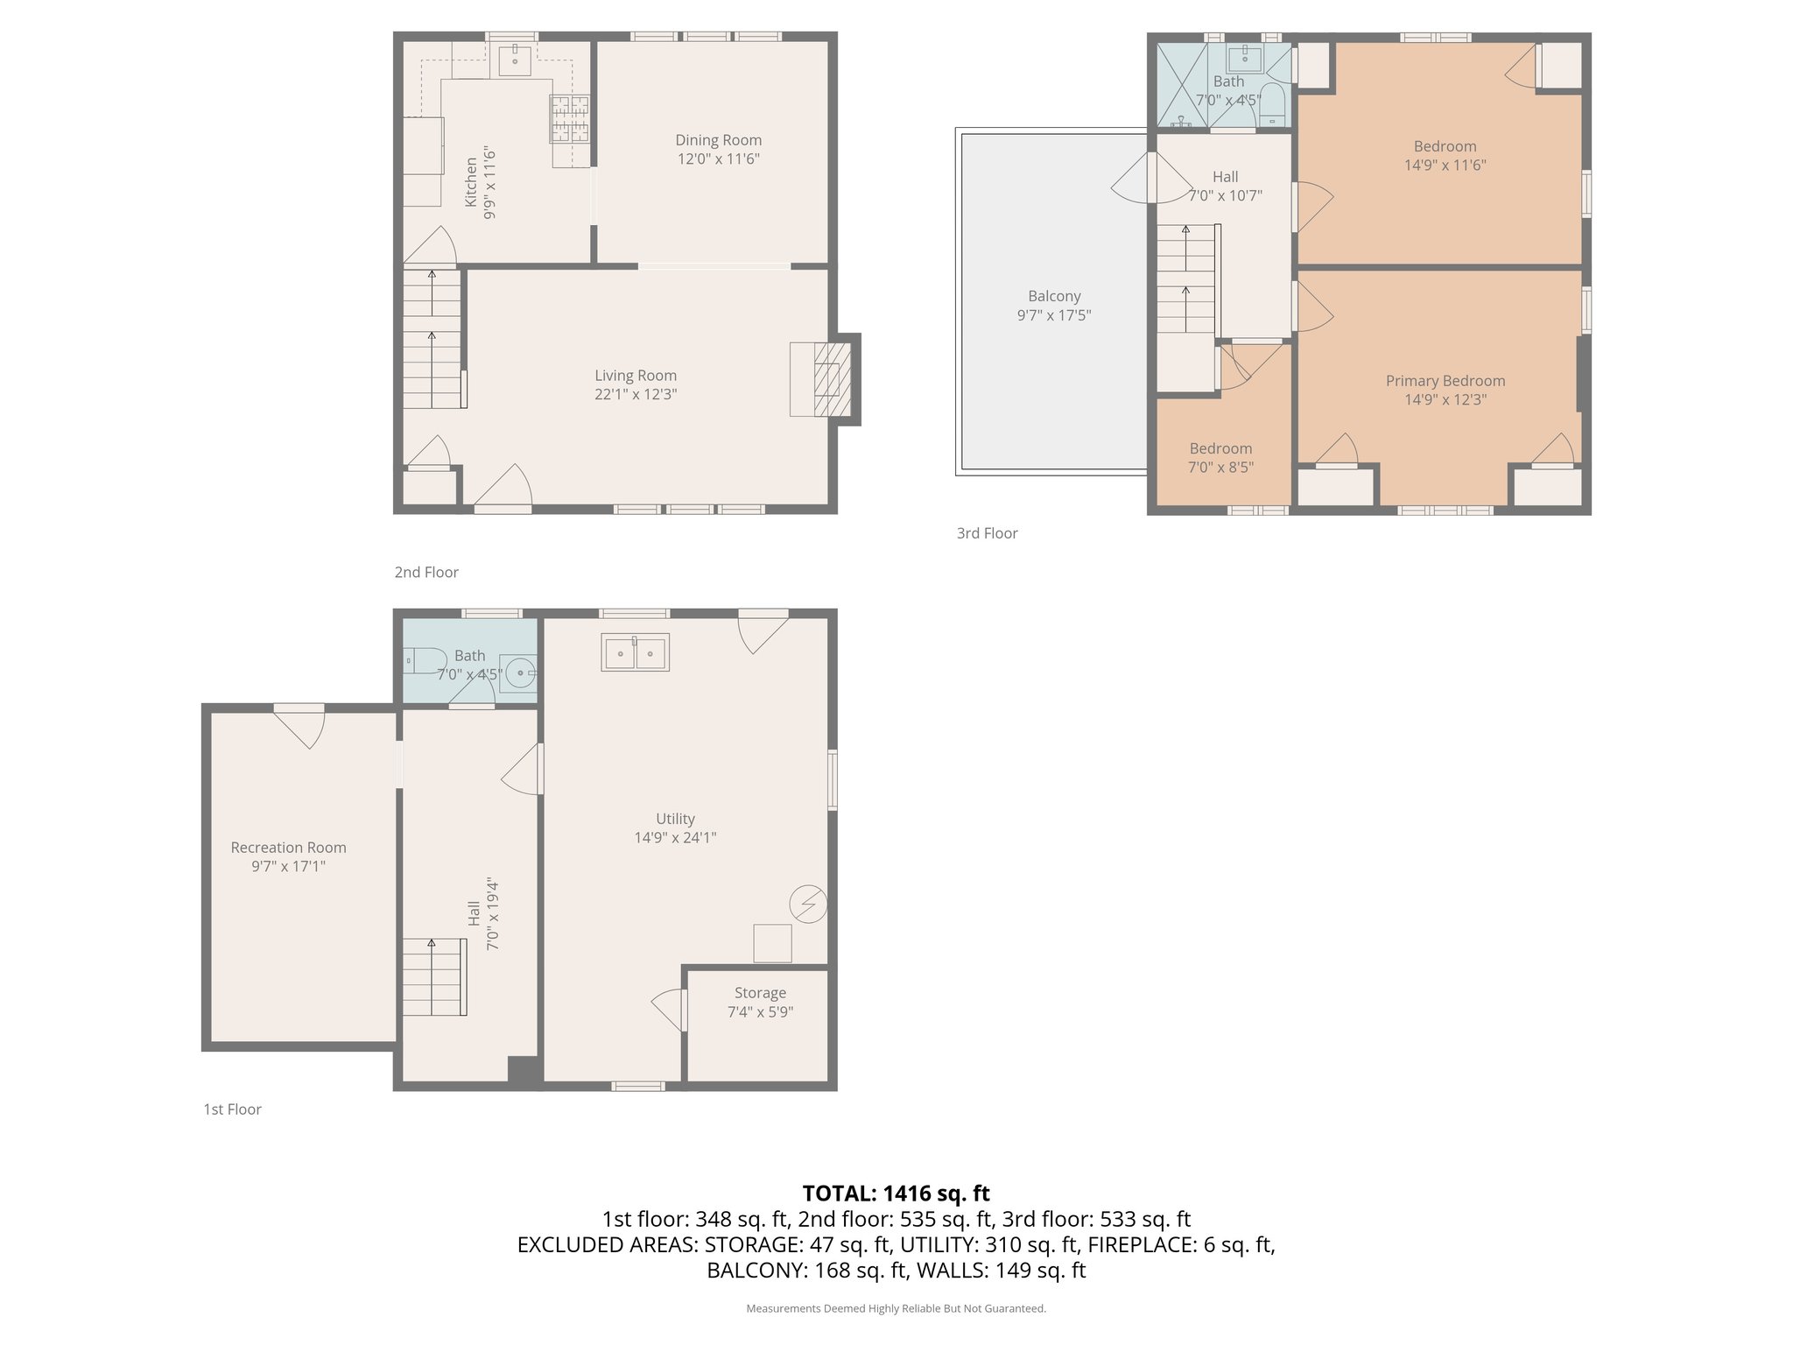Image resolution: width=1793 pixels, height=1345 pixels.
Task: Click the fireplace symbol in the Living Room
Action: (x=831, y=379)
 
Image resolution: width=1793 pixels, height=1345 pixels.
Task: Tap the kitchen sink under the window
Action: (x=515, y=60)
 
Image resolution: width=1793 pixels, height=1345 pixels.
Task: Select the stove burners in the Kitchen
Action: (x=569, y=118)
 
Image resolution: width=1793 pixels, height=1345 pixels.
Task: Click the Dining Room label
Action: (x=718, y=140)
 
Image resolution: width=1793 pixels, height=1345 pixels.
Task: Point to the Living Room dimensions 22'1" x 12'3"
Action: (x=636, y=395)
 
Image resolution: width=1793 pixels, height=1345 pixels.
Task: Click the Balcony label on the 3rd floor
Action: (x=1054, y=297)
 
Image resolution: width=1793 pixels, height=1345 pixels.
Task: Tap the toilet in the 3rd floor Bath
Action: (x=1272, y=107)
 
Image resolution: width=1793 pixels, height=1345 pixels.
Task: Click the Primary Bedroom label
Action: (x=1445, y=381)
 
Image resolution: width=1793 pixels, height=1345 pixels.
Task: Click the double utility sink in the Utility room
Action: (x=635, y=652)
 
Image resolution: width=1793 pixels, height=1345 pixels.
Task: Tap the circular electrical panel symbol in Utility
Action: (x=808, y=904)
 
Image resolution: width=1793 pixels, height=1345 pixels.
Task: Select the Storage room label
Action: (x=760, y=993)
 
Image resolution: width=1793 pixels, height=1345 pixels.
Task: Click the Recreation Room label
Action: (x=288, y=848)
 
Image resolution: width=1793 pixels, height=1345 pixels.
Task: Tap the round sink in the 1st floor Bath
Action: (x=520, y=673)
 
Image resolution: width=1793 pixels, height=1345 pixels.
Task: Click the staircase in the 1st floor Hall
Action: (x=433, y=976)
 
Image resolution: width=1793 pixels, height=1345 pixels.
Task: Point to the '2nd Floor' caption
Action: (x=426, y=573)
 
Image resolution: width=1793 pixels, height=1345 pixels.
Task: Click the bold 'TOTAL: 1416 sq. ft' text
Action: (x=896, y=1194)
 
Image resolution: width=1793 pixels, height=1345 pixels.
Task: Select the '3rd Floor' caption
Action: (x=987, y=533)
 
